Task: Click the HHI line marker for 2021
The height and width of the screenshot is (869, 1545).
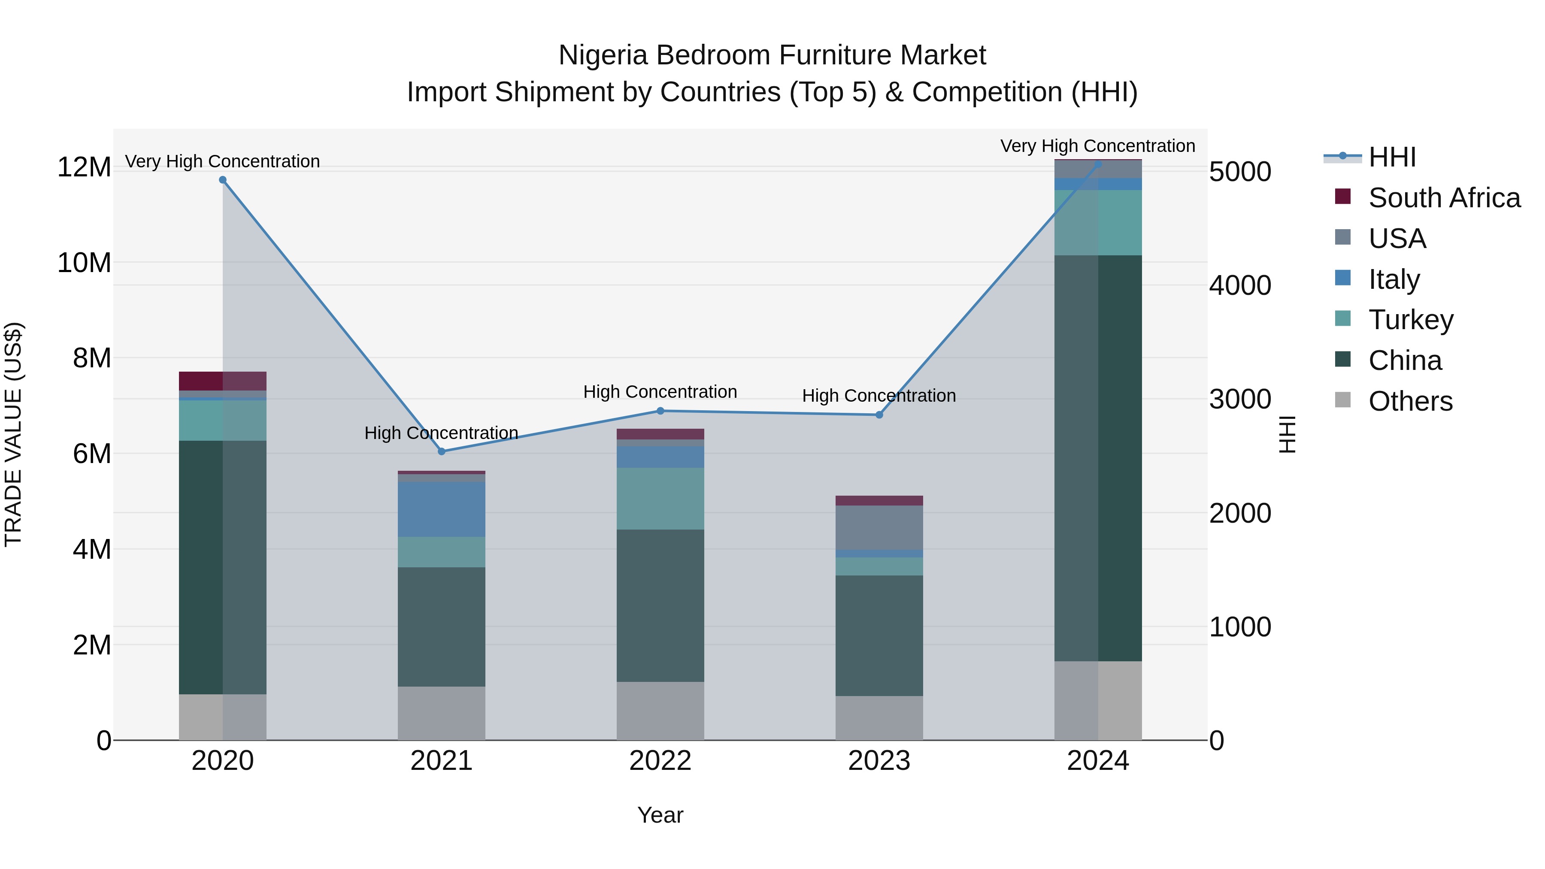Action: point(442,451)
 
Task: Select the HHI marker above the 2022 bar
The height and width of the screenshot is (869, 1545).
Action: point(660,411)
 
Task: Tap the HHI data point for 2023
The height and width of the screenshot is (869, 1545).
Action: point(879,415)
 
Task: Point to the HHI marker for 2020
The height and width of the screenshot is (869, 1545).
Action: point(222,180)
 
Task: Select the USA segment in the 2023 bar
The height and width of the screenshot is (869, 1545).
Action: point(879,528)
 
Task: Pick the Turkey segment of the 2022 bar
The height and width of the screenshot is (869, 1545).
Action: point(660,498)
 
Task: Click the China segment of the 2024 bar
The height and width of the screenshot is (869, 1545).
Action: point(1098,458)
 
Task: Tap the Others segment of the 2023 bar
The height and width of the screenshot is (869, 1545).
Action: point(879,718)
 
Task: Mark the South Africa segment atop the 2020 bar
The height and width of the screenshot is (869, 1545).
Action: point(222,381)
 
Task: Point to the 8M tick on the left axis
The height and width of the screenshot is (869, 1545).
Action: point(91,358)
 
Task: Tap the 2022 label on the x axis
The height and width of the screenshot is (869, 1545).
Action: point(660,761)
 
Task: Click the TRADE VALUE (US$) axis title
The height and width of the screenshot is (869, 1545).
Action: point(13,434)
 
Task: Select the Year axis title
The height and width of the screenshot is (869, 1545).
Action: point(660,815)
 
